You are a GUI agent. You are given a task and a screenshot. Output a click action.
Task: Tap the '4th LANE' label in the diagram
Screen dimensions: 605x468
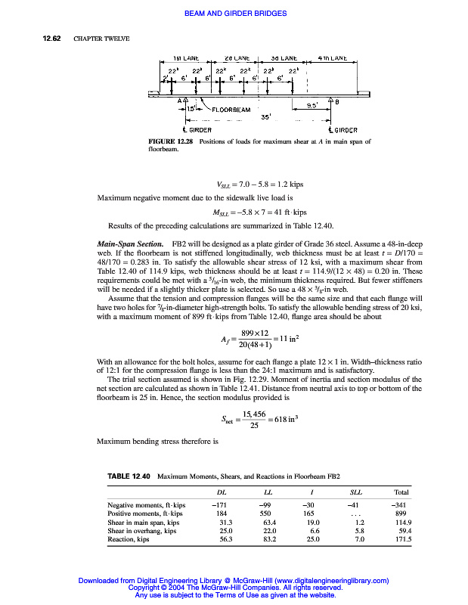coord(332,58)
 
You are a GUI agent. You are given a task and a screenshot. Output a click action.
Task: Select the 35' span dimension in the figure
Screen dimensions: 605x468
coord(265,117)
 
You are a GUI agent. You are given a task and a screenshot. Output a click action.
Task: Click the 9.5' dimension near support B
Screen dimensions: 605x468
coord(311,105)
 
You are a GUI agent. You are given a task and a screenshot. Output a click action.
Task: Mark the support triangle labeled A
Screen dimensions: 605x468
coord(187,101)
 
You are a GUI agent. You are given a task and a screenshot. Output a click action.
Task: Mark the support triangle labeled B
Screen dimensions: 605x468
coord(329,101)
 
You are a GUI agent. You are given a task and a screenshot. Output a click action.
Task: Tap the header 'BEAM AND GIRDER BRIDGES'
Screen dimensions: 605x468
coord(234,14)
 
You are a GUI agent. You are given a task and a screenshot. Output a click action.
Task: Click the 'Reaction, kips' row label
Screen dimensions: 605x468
coord(132,540)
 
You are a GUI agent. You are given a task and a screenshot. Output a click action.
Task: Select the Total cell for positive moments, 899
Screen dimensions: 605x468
coord(401,513)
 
